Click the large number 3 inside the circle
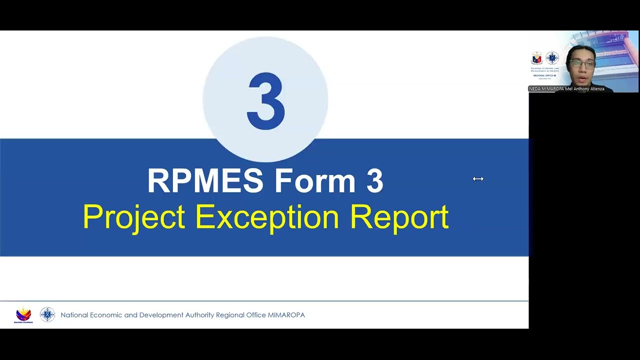coord(265,101)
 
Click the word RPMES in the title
coord(205,180)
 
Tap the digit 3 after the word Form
coord(374,180)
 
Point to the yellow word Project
coord(133,217)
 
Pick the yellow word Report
coord(399,217)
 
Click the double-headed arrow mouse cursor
coord(478,178)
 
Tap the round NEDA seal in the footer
coord(47,314)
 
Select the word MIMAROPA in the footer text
coord(286,315)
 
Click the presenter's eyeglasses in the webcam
coord(582,64)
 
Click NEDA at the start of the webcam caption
coord(535,89)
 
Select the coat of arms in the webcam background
coord(537,58)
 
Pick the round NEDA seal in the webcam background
coord(552,58)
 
